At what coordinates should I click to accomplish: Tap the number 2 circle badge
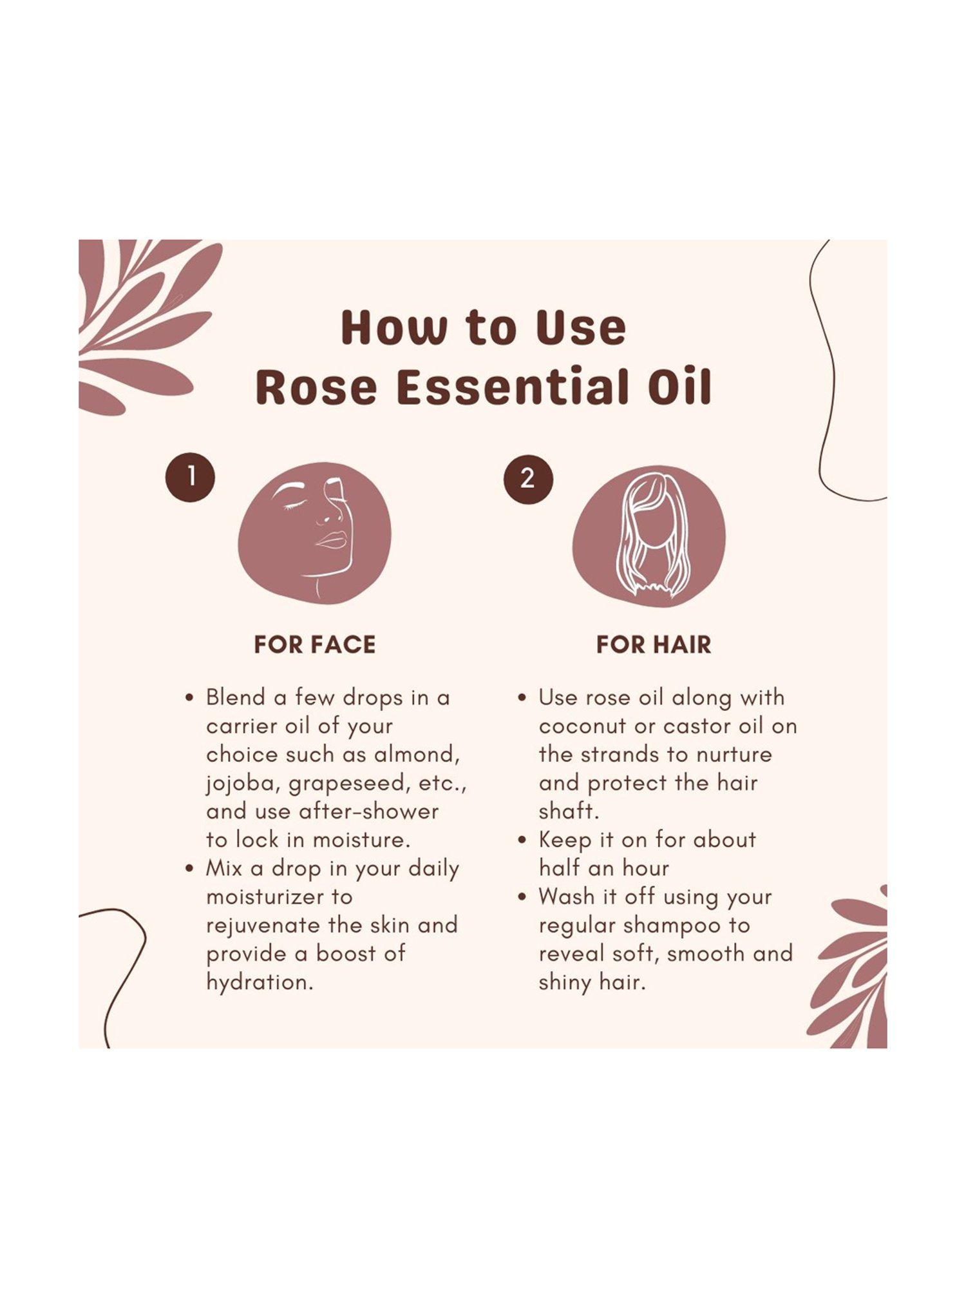[528, 478]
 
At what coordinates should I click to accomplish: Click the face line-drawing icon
[315, 532]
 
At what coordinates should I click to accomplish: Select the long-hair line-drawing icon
[649, 535]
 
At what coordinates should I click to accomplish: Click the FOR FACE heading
[314, 644]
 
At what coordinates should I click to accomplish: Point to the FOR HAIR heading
[653, 644]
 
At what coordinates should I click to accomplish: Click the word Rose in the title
[316, 387]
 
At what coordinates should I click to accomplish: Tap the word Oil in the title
[679, 387]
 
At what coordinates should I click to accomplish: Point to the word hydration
[259, 982]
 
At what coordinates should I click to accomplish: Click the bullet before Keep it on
[522, 840]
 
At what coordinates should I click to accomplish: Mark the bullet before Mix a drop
[189, 869]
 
